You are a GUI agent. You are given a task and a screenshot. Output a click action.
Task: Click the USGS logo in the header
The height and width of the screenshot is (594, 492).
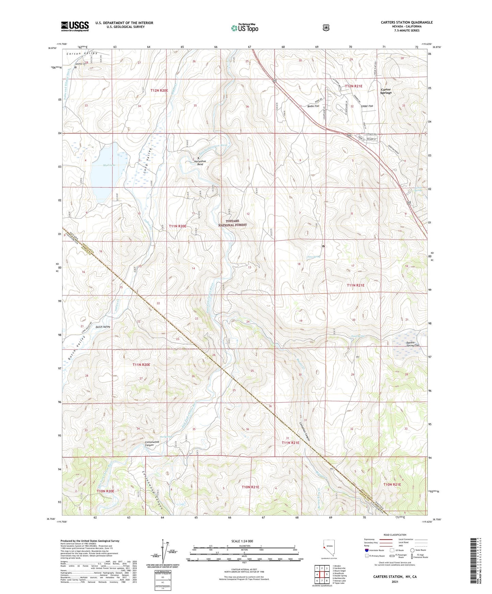[x=75, y=26]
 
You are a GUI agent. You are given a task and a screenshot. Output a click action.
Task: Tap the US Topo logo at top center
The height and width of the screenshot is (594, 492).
[x=244, y=28]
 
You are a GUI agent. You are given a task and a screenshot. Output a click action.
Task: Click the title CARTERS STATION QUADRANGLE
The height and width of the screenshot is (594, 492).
[x=407, y=22]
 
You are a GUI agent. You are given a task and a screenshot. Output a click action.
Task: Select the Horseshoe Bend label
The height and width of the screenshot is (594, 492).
[x=200, y=163]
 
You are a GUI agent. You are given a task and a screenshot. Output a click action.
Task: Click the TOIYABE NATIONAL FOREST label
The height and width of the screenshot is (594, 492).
[x=233, y=223]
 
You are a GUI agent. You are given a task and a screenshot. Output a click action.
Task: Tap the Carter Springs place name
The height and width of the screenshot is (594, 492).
[x=386, y=91]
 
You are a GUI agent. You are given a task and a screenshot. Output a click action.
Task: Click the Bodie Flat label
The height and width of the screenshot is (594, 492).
[x=313, y=106]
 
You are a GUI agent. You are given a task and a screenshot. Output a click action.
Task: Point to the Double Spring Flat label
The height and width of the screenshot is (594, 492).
[x=413, y=344]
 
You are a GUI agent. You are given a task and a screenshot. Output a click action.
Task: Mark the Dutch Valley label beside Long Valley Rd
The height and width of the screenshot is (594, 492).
[x=102, y=327]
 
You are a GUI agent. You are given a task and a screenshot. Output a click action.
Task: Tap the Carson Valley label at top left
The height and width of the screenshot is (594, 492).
[x=82, y=53]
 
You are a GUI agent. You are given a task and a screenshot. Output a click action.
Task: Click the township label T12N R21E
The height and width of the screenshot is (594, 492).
[x=353, y=86]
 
